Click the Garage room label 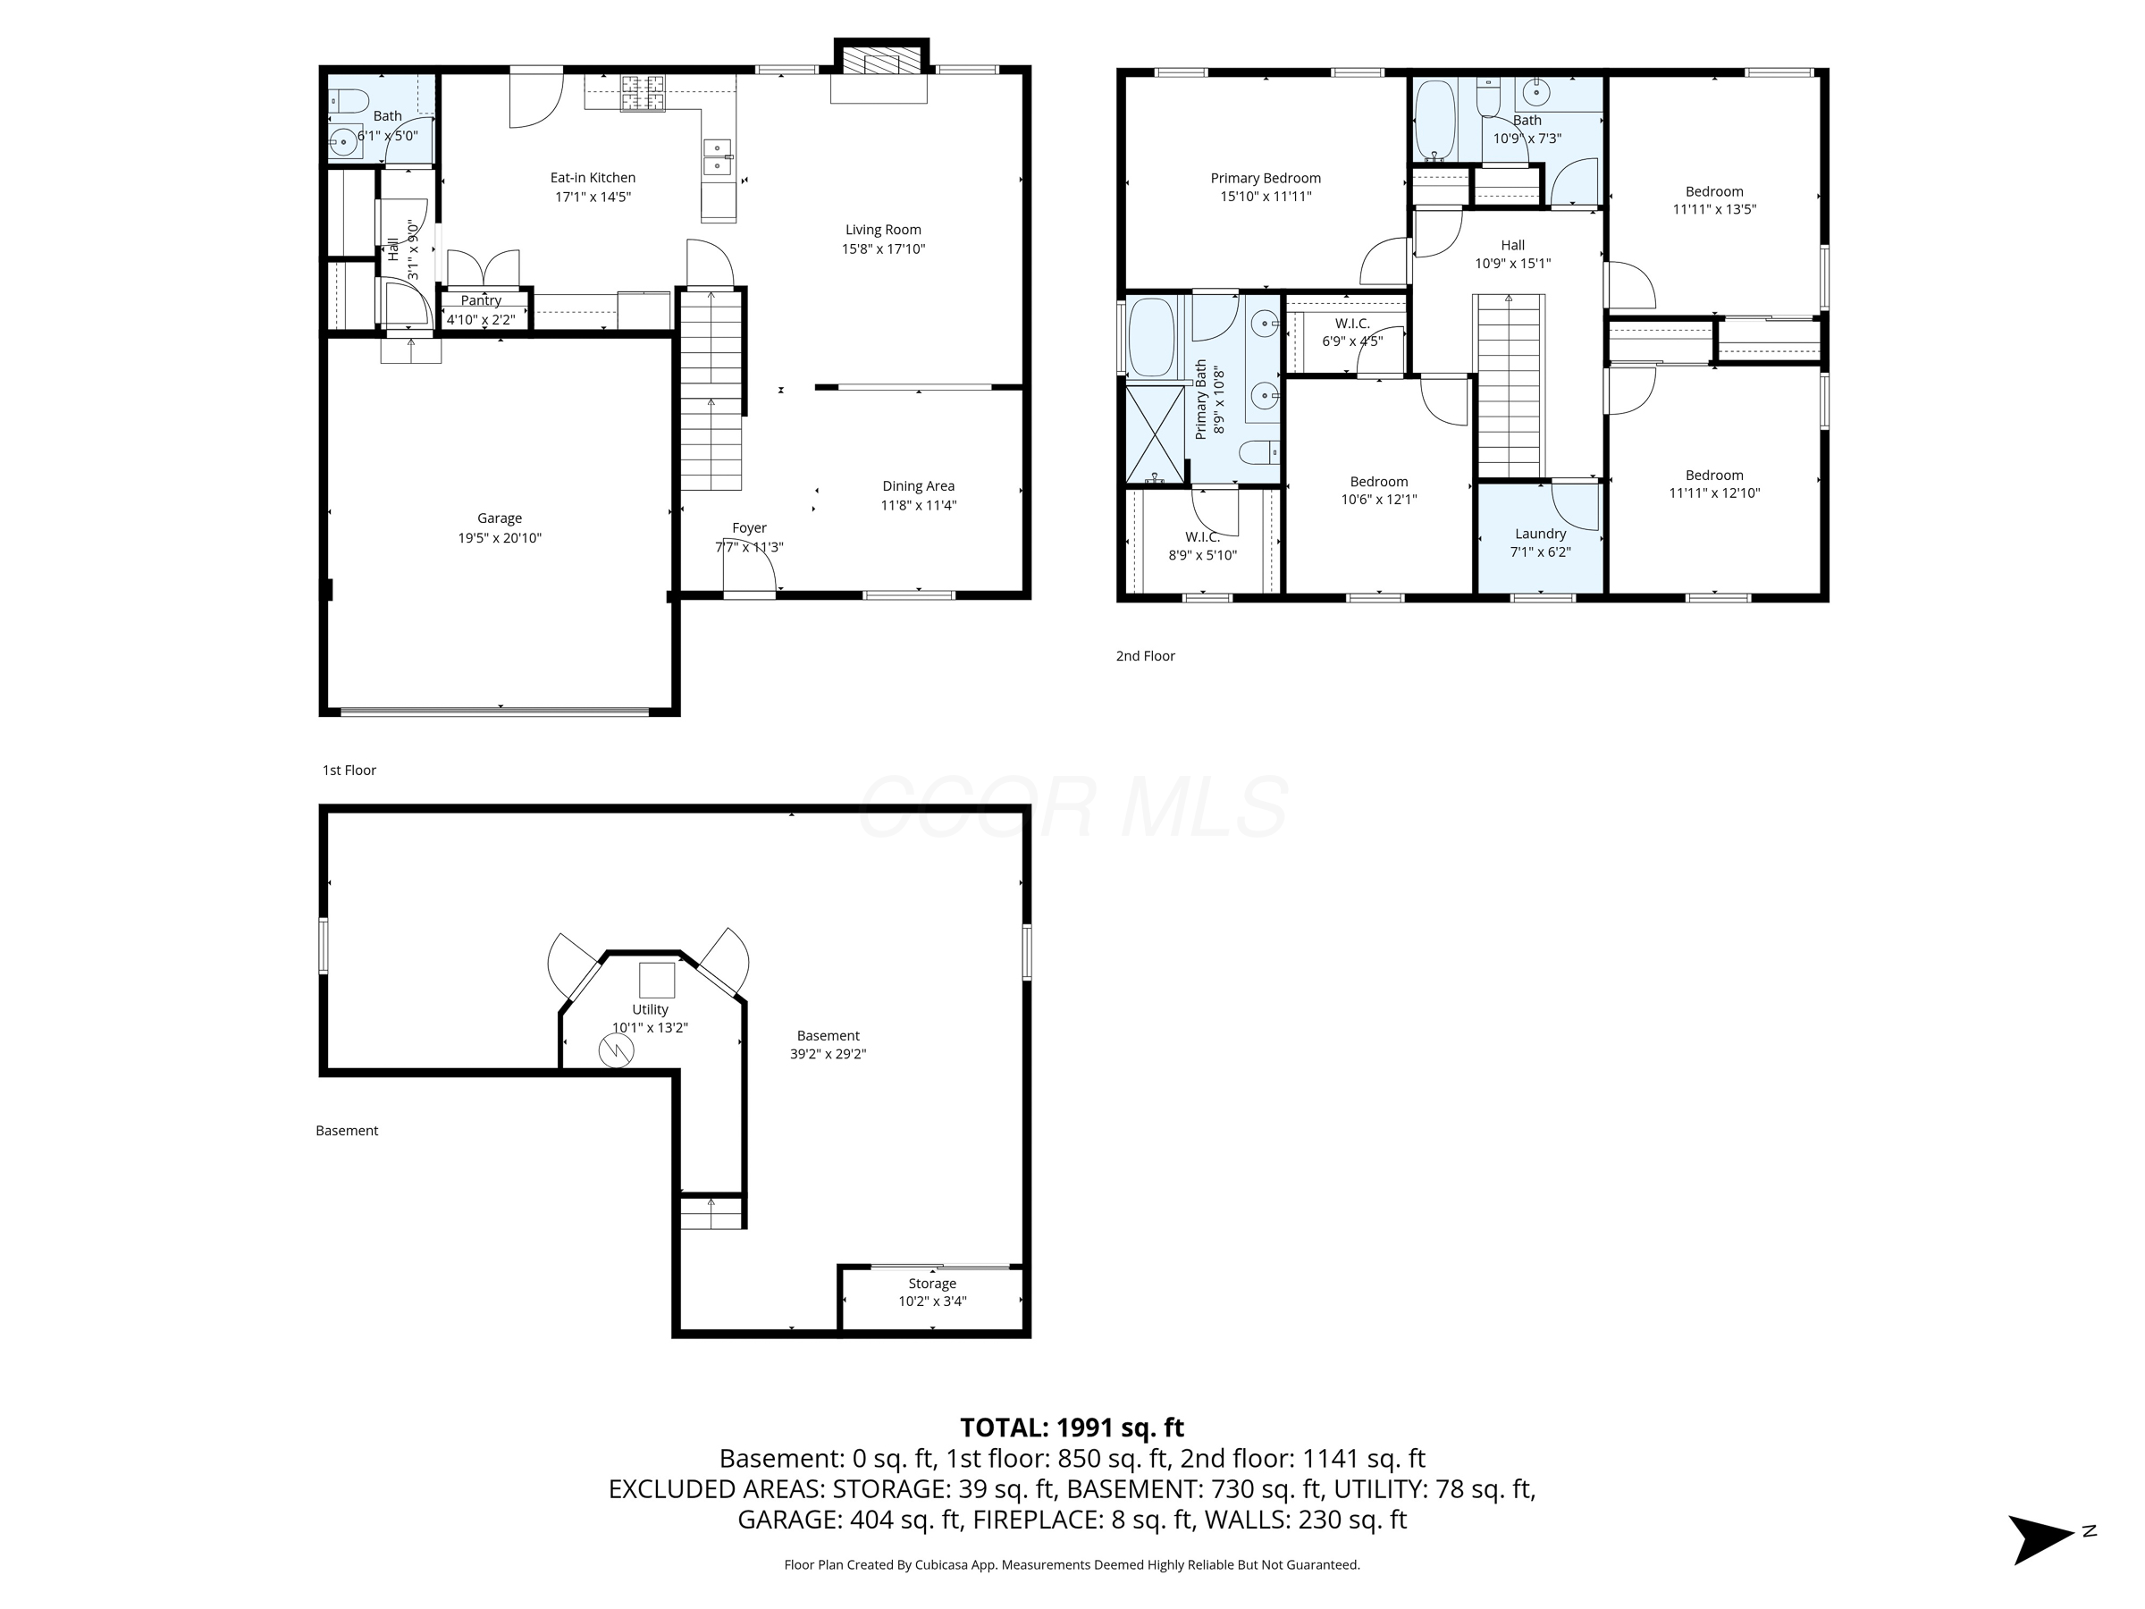pyautogui.click(x=500, y=518)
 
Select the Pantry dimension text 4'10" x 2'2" pyautogui.click(x=481, y=320)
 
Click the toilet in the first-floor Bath pyautogui.click(x=349, y=101)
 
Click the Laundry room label pyautogui.click(x=1540, y=535)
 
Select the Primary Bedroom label pyautogui.click(x=1266, y=179)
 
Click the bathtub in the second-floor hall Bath pyautogui.click(x=1435, y=121)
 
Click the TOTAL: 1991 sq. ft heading pyautogui.click(x=1072, y=1428)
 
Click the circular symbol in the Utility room pyautogui.click(x=616, y=1050)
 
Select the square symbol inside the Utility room pyautogui.click(x=657, y=981)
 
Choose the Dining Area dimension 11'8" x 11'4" pyautogui.click(x=918, y=505)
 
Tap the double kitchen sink pyautogui.click(x=718, y=157)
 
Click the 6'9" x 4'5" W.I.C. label pyautogui.click(x=1351, y=341)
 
